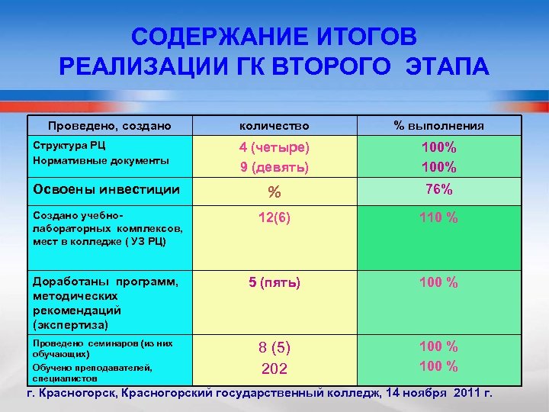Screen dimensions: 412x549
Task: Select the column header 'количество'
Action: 274,125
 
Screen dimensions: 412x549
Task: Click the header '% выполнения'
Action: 438,125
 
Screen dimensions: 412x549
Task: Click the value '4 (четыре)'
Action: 274,147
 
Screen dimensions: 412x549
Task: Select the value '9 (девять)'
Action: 274,166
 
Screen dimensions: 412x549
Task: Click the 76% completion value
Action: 438,188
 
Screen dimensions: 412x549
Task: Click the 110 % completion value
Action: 438,218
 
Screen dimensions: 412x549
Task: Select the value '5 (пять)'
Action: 274,283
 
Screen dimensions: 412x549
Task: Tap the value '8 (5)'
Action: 274,348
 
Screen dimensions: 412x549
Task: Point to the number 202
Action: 274,369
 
